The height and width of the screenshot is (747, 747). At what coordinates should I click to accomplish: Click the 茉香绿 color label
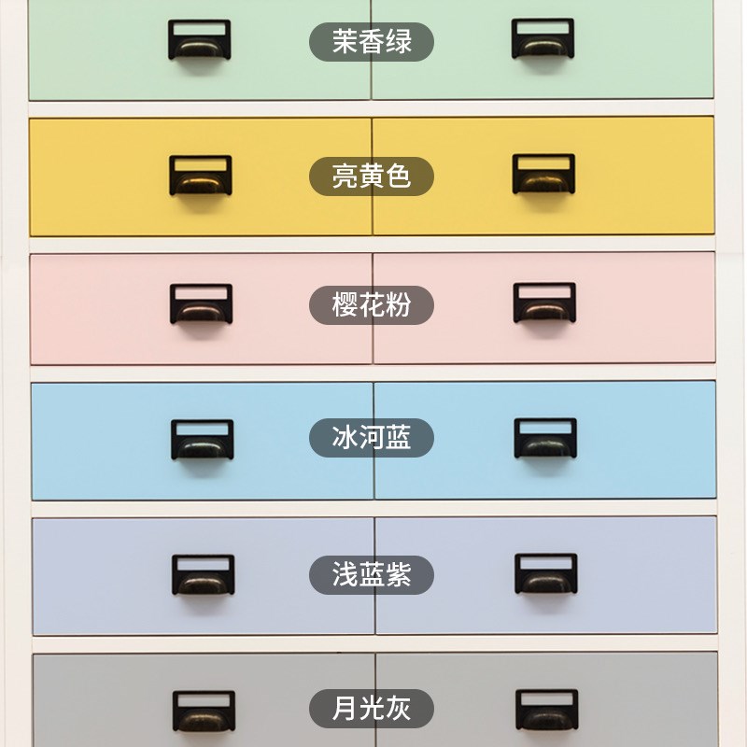(x=372, y=42)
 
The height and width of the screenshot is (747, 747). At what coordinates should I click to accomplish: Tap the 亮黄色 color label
(x=372, y=176)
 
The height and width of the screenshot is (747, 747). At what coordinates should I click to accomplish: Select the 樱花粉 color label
(x=372, y=304)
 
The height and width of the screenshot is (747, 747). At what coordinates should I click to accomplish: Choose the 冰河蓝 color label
(x=372, y=437)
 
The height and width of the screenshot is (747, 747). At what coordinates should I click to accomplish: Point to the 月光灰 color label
(x=372, y=707)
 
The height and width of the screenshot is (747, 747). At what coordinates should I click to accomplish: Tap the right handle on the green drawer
(x=543, y=41)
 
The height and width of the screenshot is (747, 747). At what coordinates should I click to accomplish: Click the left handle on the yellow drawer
(x=200, y=176)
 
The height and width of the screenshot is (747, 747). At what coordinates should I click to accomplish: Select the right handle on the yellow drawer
(x=543, y=175)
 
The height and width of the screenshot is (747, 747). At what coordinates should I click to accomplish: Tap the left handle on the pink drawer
(x=201, y=304)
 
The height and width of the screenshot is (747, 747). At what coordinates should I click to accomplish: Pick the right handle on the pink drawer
(x=544, y=303)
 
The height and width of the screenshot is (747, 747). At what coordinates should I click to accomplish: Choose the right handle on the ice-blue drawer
(x=545, y=439)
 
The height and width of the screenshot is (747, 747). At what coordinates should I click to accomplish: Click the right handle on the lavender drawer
(x=546, y=574)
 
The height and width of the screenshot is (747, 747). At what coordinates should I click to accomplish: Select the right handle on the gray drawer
(x=547, y=711)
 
